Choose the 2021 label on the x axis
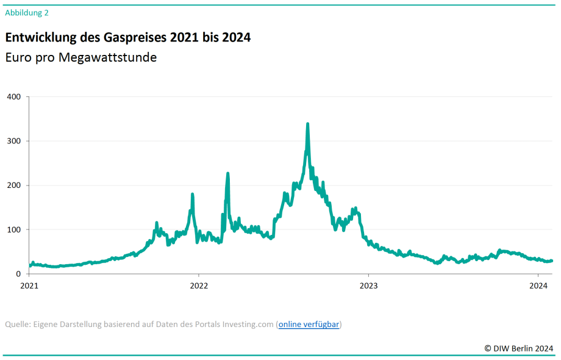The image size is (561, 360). [x=29, y=286]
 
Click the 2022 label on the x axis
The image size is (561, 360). [x=199, y=286]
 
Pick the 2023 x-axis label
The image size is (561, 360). [x=368, y=286]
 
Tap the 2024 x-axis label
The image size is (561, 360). [x=538, y=286]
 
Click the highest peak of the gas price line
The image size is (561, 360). [x=307, y=124]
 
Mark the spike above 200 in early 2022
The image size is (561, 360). [x=227, y=174]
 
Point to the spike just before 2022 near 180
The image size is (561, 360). [x=193, y=195]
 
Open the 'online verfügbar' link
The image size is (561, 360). [x=309, y=324]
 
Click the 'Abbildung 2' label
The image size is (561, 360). [x=26, y=12]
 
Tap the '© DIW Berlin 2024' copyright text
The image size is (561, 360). [x=519, y=348]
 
